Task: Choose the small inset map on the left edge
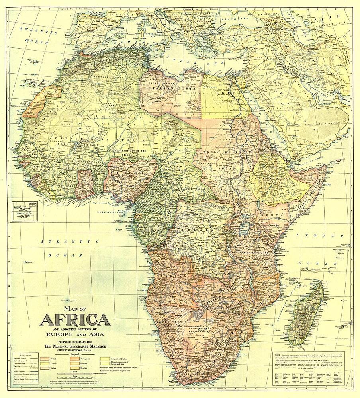[24, 209]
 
